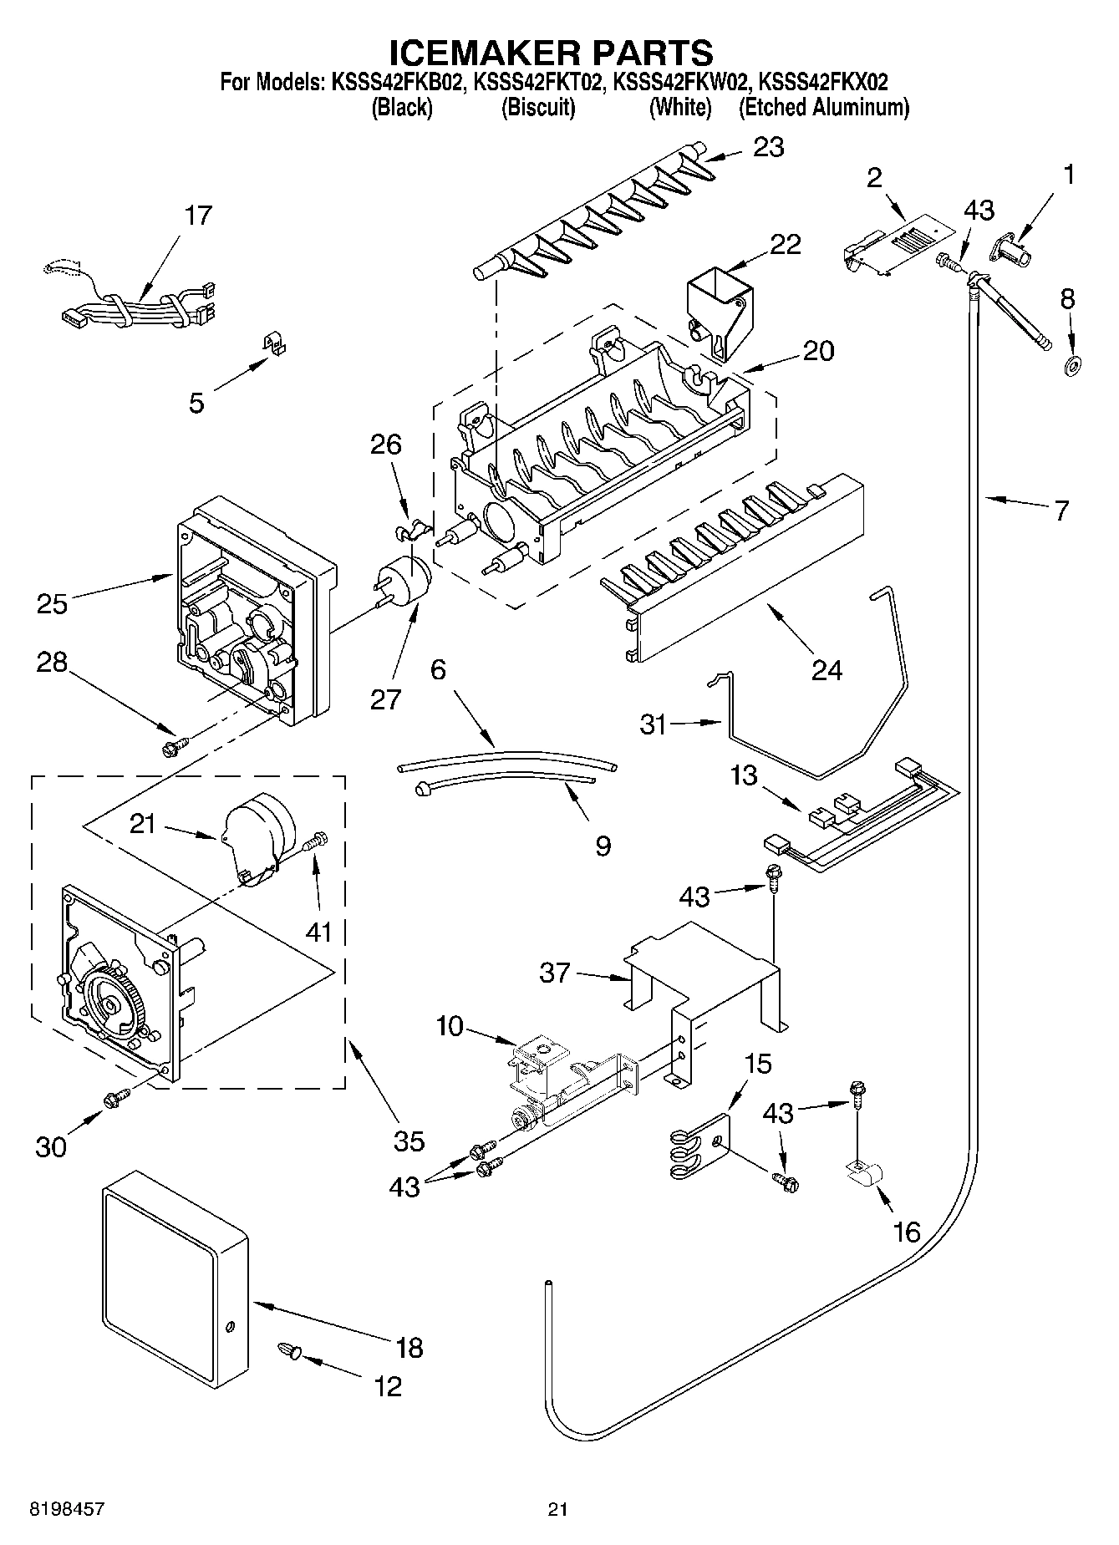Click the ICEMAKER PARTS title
click(x=552, y=52)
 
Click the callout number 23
click(x=768, y=147)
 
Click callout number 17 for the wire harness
click(x=198, y=216)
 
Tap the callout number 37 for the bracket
click(x=555, y=973)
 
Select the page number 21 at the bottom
click(x=558, y=1509)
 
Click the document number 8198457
click(x=67, y=1509)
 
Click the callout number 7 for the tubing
click(x=1061, y=510)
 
